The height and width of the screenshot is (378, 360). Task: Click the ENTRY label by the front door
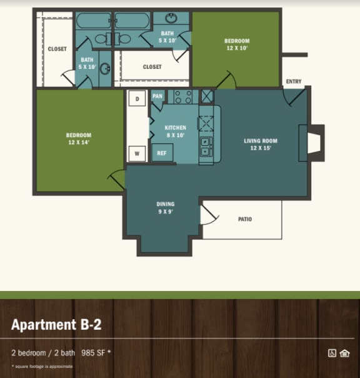293,81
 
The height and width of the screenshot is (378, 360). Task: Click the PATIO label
245,219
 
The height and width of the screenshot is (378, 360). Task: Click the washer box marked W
136,153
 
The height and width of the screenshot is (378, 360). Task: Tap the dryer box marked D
136,98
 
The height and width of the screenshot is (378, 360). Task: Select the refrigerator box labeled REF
162,153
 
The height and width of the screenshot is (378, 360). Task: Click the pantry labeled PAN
157,96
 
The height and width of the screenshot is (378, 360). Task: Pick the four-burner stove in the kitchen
183,97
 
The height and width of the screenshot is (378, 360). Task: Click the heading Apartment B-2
56,324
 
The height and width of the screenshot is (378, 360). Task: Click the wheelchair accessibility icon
332,353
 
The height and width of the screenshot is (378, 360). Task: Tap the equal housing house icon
344,353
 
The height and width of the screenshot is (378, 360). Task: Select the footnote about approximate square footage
42,366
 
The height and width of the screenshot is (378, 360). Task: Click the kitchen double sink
205,146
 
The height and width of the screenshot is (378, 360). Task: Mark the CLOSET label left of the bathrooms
57,49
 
